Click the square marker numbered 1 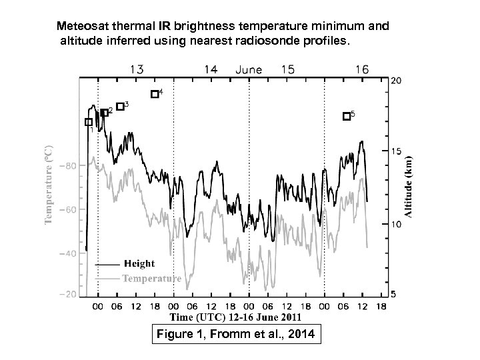tap(89, 122)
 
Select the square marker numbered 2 tap(105, 113)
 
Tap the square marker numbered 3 tap(120, 107)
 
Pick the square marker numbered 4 tap(155, 94)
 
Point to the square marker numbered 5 tap(346, 116)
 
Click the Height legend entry tap(138, 264)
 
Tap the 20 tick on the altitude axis tap(396, 81)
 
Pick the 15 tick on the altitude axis tap(396, 152)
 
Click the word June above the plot tap(249, 69)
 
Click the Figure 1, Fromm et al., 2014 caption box tap(236, 335)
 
